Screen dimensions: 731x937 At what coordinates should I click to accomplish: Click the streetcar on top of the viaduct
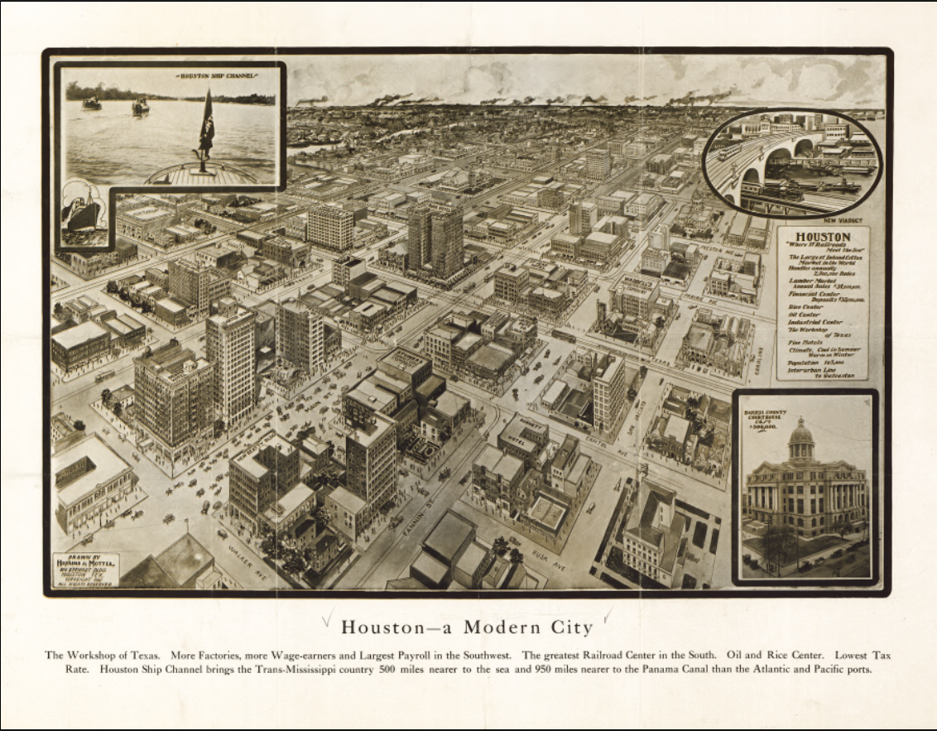pyautogui.click(x=729, y=151)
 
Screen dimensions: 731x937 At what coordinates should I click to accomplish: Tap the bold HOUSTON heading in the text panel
pyautogui.click(x=822, y=236)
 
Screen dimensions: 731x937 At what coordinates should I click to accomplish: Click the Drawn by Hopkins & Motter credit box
pyautogui.click(x=86, y=570)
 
